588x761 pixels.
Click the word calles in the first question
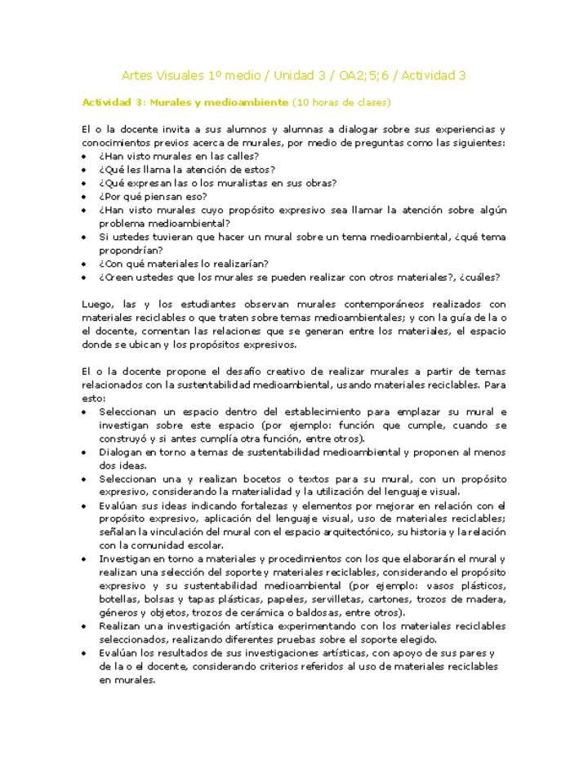click(x=239, y=156)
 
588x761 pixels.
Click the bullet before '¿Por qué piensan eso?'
click(x=86, y=197)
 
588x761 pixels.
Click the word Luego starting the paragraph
click(x=96, y=304)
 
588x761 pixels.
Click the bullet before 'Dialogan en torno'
click(x=86, y=452)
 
